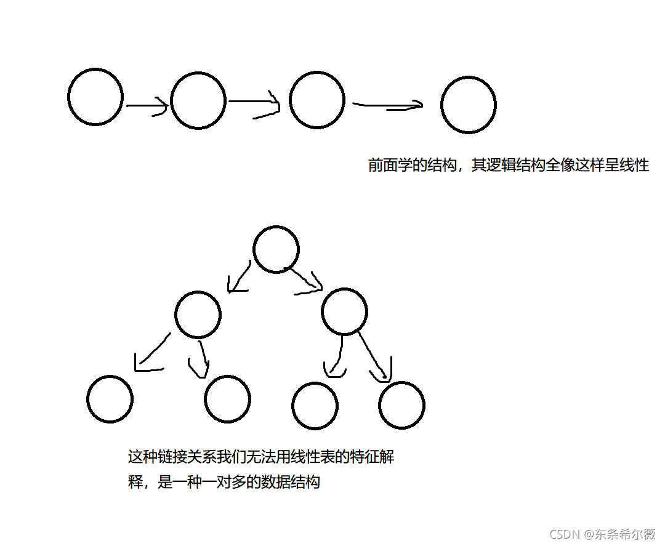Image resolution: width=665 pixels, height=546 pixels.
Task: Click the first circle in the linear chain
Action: click(x=95, y=97)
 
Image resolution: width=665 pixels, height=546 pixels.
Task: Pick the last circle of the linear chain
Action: click(x=469, y=105)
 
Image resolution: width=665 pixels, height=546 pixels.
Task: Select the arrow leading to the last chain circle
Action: click(x=388, y=106)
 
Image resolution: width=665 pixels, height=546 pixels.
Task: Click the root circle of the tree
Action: click(x=276, y=249)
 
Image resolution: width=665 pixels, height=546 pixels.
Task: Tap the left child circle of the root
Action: click(x=198, y=315)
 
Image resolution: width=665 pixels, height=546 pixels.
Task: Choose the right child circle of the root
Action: click(x=344, y=311)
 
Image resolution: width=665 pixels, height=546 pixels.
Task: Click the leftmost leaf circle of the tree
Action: click(x=110, y=399)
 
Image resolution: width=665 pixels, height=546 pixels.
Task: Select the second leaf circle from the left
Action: click(x=227, y=398)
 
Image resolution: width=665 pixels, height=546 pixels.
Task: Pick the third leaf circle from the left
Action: click(x=315, y=406)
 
